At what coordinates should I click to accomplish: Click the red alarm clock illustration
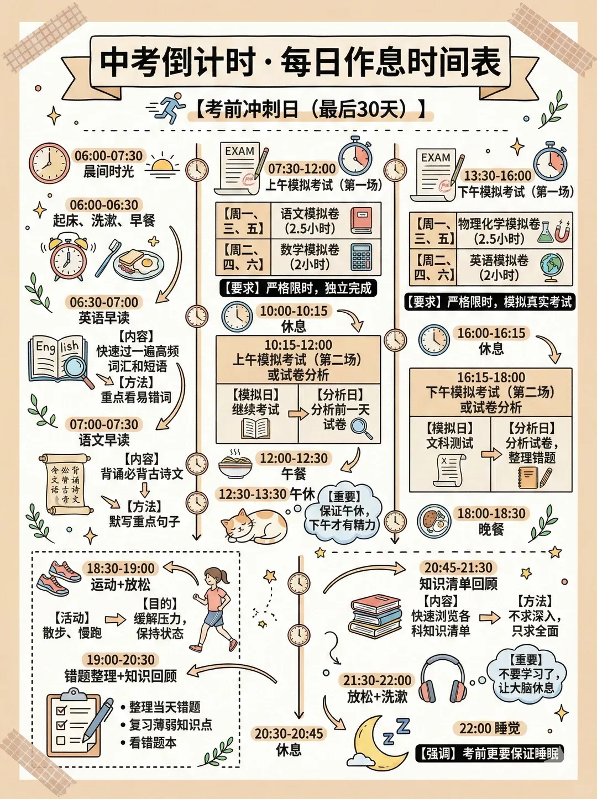(x=68, y=257)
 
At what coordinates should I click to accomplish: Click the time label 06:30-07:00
(x=104, y=303)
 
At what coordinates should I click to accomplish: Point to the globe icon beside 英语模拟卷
(x=552, y=266)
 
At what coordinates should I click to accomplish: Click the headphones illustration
(x=442, y=679)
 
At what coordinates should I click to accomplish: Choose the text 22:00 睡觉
(x=490, y=728)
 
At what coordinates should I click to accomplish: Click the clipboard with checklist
(x=75, y=724)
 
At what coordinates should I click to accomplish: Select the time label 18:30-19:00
(x=121, y=568)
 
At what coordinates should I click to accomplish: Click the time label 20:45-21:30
(x=458, y=567)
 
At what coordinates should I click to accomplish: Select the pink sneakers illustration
(x=59, y=577)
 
